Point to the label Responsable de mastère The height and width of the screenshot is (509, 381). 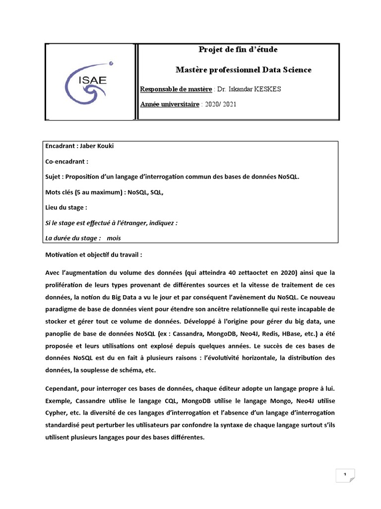pos(176,89)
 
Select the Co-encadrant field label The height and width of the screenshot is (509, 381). pos(66,162)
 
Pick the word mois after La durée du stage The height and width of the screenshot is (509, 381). pos(114,238)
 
